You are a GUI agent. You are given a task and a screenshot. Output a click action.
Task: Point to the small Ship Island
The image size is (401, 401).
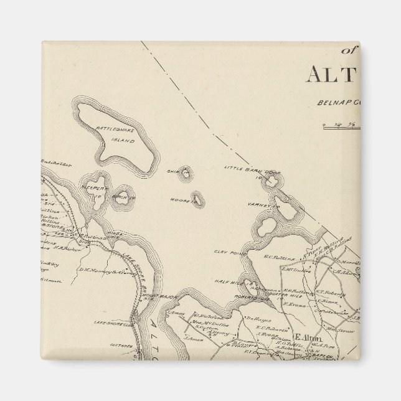tap(184, 172)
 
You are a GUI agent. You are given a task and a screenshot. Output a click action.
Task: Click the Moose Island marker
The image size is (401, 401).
tap(197, 199)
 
